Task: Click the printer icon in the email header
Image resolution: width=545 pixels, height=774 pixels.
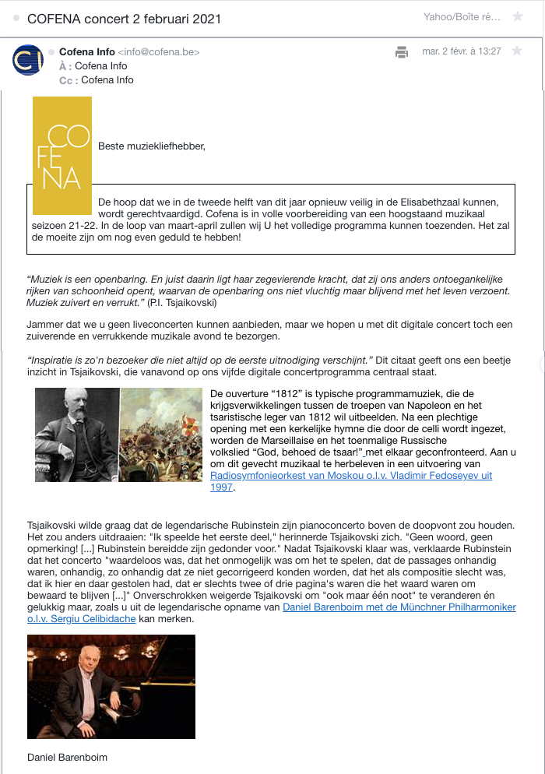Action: pyautogui.click(x=402, y=52)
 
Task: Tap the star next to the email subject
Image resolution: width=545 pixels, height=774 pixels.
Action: pyautogui.click(x=518, y=17)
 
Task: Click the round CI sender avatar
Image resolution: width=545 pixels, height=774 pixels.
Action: pyautogui.click(x=28, y=60)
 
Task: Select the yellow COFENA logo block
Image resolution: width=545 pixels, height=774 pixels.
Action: pyautogui.click(x=62, y=155)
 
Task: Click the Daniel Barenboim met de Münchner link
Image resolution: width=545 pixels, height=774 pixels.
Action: pyautogui.click(x=399, y=607)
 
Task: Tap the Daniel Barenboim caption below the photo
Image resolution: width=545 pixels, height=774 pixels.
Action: pyautogui.click(x=67, y=757)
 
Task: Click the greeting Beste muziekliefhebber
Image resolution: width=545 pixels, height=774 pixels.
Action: pyautogui.click(x=152, y=146)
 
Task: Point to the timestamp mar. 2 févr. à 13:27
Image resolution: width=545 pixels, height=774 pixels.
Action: pyautogui.click(x=461, y=51)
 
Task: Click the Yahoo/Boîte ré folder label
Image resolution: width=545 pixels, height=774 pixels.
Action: pyautogui.click(x=462, y=17)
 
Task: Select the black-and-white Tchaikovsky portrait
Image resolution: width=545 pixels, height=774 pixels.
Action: pyautogui.click(x=76, y=434)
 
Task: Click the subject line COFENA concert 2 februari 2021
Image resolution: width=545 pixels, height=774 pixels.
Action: pyautogui.click(x=124, y=19)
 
